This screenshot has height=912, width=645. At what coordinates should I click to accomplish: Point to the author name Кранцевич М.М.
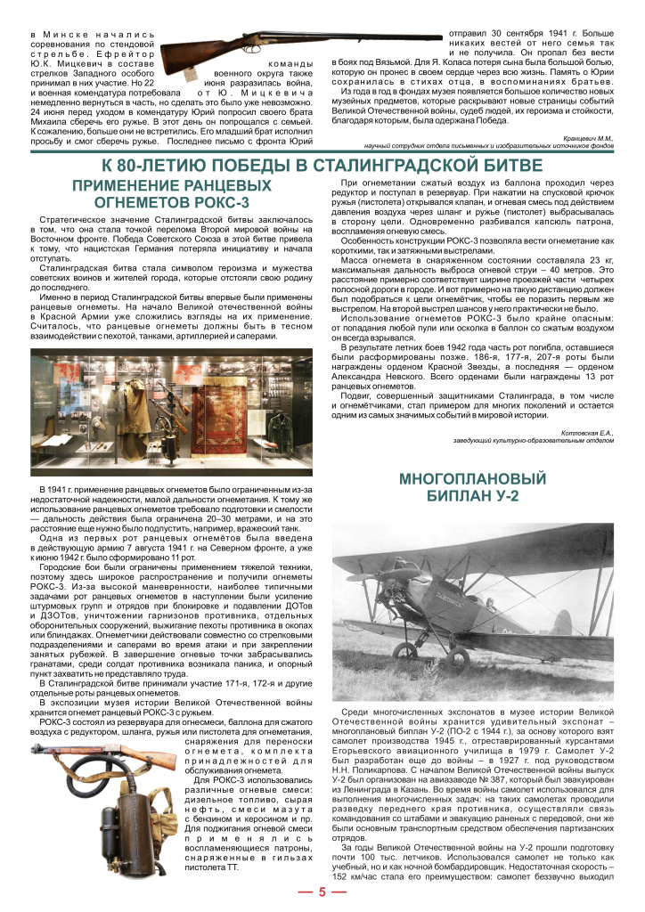[x=589, y=137]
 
